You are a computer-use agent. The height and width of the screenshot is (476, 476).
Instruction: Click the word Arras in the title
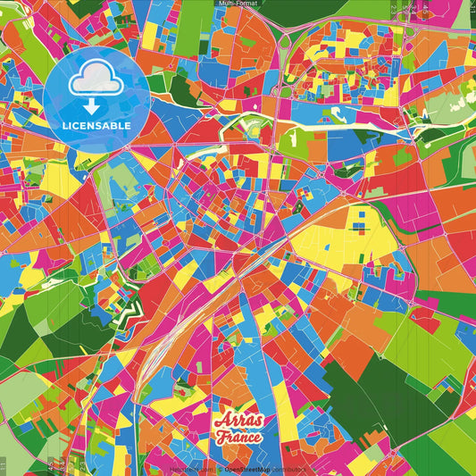click(x=238, y=422)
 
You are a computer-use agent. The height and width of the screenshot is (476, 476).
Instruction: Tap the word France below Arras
click(x=238, y=438)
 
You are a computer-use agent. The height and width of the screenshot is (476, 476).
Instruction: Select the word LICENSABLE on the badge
click(x=96, y=125)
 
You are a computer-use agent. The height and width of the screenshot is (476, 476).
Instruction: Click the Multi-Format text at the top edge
click(x=238, y=4)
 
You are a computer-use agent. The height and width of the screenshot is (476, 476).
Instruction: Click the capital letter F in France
click(x=219, y=438)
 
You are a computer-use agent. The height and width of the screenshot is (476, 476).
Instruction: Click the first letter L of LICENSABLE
click(x=65, y=125)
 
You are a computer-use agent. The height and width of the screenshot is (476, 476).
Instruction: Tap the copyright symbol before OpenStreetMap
click(x=220, y=468)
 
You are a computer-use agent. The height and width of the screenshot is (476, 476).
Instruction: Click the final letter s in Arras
click(x=258, y=423)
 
